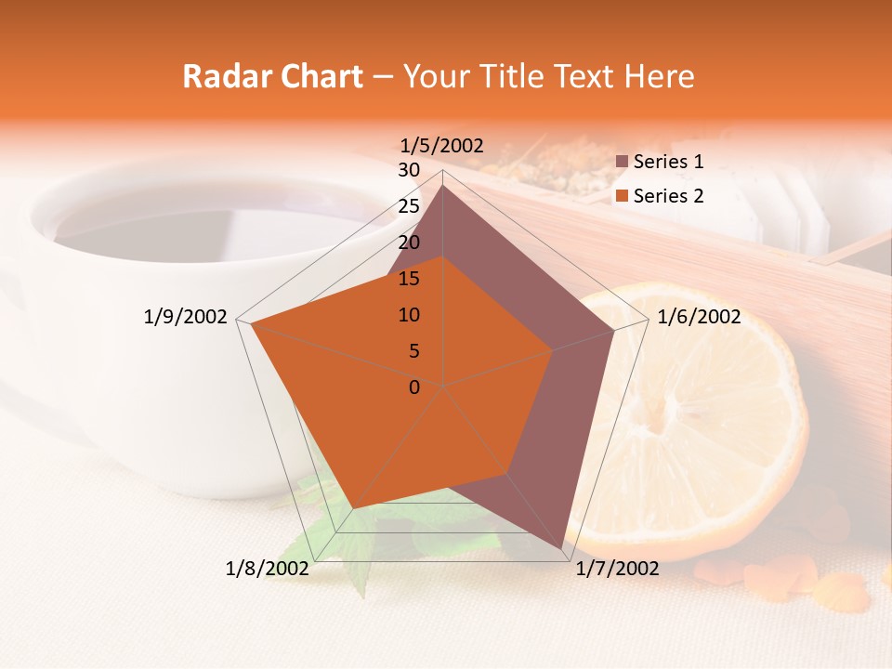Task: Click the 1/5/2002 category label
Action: tap(441, 145)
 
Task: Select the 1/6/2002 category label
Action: tap(699, 317)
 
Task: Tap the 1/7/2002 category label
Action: tap(617, 569)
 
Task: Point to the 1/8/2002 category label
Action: tap(268, 569)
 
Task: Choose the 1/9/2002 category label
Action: tap(186, 317)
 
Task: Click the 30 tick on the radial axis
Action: tap(409, 170)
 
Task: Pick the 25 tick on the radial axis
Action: tap(409, 206)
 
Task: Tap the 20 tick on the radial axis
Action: tap(409, 243)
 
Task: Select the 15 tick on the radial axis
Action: tap(409, 279)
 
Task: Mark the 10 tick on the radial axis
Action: tap(409, 315)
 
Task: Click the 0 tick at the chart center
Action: tap(414, 387)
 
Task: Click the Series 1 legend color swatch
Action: tap(623, 163)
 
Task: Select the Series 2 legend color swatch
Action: tap(623, 197)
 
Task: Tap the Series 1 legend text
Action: tap(668, 162)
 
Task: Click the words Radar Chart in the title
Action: tap(272, 76)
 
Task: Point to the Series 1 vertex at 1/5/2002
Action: tap(443, 186)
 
